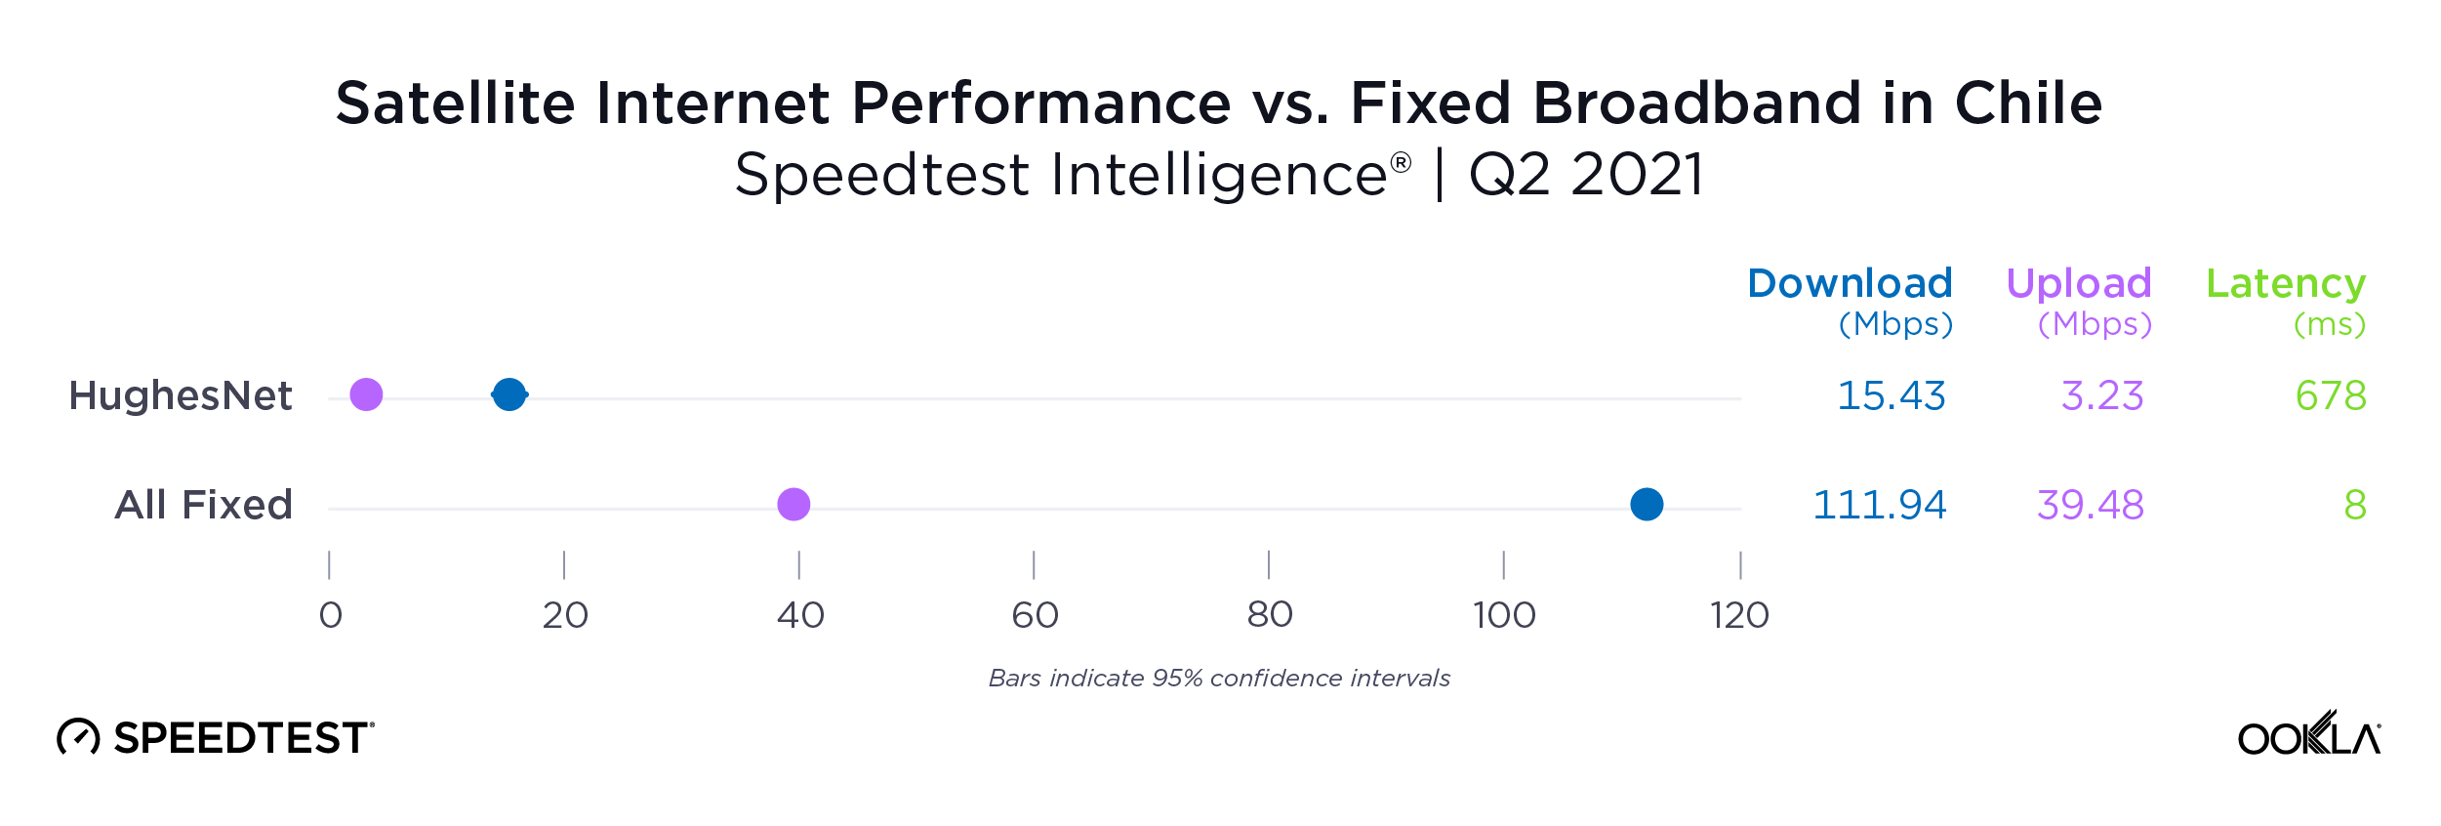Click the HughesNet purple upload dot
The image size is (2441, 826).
point(366,394)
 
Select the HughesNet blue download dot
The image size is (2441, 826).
point(509,394)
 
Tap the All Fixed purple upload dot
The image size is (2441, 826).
point(793,505)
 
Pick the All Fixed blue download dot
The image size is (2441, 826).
point(1647,505)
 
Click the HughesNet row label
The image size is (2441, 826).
point(181,395)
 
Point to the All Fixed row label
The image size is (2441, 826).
point(203,505)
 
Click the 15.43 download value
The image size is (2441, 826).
point(1892,395)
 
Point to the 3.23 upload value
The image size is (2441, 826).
point(2102,395)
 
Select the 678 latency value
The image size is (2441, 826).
point(2331,395)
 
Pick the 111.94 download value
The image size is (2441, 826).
point(1880,505)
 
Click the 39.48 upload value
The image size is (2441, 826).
point(2091,505)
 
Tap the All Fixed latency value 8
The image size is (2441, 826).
point(2355,505)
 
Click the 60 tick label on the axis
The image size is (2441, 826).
point(1035,615)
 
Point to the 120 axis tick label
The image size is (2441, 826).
point(1739,615)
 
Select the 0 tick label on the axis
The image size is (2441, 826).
point(331,615)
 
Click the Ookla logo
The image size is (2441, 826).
point(2309,734)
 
